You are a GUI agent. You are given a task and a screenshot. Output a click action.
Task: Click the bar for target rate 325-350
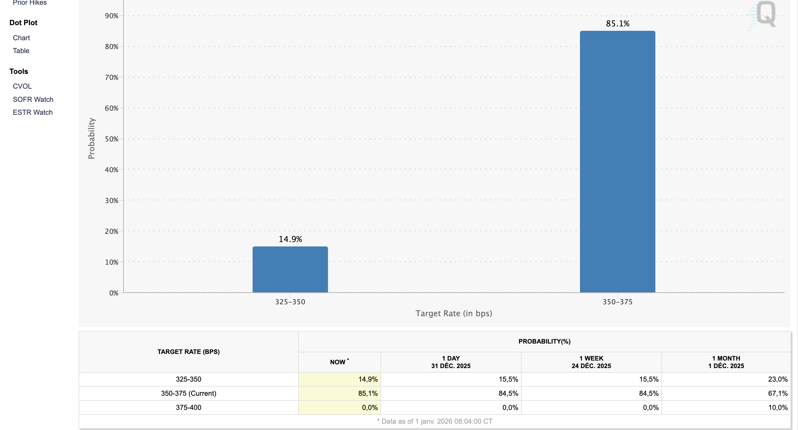290,269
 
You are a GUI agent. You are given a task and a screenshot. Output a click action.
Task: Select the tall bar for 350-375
617,162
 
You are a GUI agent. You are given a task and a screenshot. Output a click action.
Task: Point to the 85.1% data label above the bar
617,24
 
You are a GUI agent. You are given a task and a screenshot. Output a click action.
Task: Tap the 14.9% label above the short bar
290,239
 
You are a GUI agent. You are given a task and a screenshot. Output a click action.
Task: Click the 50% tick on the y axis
112,139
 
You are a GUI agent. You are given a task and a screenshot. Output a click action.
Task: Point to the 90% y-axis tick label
112,16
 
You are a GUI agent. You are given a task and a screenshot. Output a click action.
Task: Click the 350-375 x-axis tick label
617,302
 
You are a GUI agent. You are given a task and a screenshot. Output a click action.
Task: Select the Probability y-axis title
91,138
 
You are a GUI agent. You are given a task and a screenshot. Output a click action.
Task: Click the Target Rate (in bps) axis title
454,313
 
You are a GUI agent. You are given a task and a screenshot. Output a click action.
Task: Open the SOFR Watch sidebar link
33,99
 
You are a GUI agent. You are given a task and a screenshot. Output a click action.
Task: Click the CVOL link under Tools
22,86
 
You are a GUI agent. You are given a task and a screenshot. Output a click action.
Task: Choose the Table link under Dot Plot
21,51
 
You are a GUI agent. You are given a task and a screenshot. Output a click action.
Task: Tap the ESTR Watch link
33,112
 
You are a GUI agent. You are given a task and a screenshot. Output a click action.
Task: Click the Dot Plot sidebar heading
23,23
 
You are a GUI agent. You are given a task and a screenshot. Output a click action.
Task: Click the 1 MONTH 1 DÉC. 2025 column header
726,362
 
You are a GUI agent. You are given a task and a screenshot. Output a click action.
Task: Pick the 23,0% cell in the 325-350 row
778,379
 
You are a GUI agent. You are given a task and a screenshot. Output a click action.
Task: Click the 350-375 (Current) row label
189,393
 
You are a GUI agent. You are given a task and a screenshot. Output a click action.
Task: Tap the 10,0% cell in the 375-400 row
778,407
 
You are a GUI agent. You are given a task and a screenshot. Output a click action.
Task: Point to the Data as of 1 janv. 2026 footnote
435,421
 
